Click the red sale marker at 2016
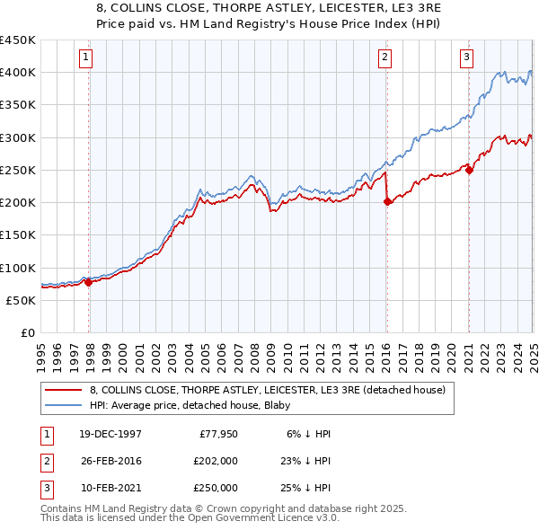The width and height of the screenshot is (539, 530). point(387,202)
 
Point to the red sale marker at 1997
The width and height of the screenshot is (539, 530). point(89,282)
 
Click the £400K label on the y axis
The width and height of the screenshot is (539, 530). point(18,72)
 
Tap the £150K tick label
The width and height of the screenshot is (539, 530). point(18,234)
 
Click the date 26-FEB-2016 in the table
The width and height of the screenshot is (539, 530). point(110,460)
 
